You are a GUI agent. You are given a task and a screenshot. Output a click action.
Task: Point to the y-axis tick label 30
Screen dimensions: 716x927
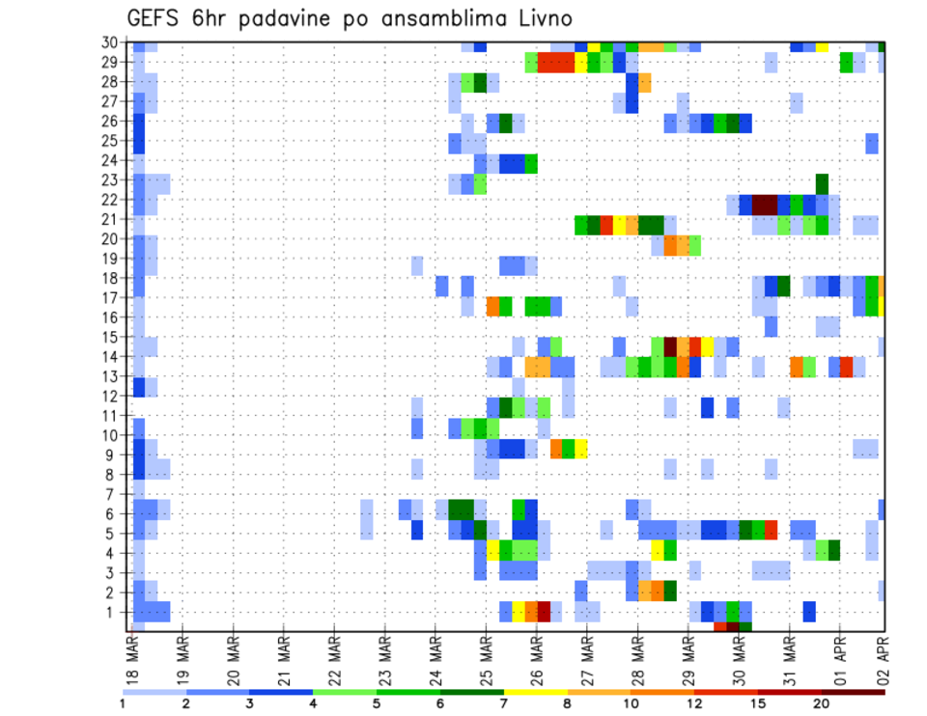[111, 42]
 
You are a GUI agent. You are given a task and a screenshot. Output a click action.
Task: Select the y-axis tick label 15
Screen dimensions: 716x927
[111, 337]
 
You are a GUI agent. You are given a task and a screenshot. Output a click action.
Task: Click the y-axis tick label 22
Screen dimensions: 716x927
[111, 200]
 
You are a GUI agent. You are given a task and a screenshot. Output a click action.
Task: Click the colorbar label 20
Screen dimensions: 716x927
[822, 703]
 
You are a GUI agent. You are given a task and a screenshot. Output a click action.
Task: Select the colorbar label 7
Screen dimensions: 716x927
[503, 703]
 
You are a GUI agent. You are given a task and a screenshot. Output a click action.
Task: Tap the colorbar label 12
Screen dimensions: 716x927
[694, 703]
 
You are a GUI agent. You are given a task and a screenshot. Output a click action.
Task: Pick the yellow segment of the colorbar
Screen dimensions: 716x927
[535, 692]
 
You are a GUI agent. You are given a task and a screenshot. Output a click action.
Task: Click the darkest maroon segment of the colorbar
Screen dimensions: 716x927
[854, 692]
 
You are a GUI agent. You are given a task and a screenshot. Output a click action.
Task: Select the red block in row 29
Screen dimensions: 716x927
[555, 63]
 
